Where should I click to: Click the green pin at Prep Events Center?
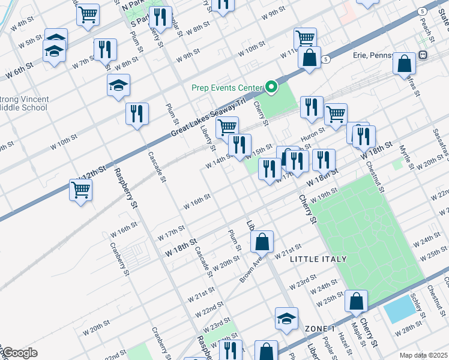click(x=271, y=88)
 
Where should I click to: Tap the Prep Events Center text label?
click(x=227, y=88)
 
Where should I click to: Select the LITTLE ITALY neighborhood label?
click(x=318, y=259)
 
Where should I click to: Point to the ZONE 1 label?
click(x=319, y=329)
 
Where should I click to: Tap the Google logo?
click(x=19, y=353)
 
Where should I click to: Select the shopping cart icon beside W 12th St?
click(x=80, y=191)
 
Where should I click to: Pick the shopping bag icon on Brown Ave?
click(x=262, y=242)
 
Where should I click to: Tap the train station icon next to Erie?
click(x=423, y=55)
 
